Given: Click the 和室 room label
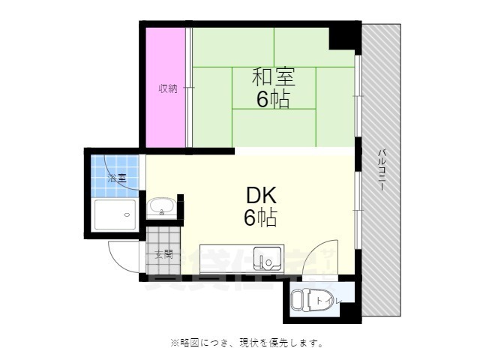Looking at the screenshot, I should point(273,76).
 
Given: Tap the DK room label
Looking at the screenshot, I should point(261,196).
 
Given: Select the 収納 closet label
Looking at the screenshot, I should point(167,88).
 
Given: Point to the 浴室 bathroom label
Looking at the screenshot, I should point(116,178).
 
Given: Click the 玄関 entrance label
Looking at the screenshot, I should point(163,254).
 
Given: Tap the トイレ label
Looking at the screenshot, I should point(328,301).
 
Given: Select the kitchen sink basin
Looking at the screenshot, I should point(265,258).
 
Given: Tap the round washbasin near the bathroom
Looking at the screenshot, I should point(161,206).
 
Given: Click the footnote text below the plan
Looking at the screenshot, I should point(247,343).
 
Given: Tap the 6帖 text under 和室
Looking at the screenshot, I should point(273,99).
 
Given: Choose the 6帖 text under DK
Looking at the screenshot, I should point(261,218).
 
